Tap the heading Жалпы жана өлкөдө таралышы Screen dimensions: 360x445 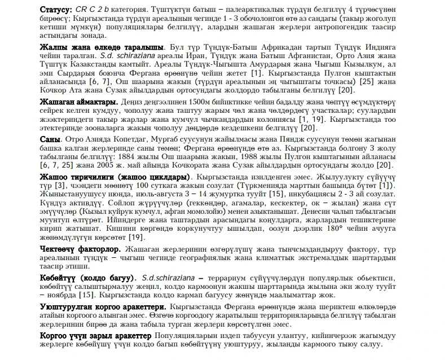tap(102, 46)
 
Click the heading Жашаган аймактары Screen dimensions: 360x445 tap(79, 102)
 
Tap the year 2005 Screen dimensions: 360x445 tap(107, 165)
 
